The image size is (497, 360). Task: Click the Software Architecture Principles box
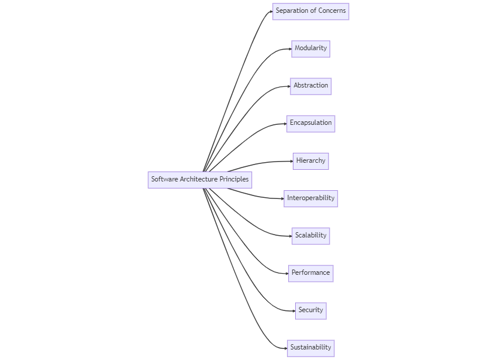click(x=199, y=180)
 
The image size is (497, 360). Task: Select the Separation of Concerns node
click(x=310, y=11)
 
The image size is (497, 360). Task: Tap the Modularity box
click(x=310, y=48)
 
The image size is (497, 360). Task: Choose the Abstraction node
click(x=310, y=86)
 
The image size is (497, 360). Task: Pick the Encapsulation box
click(x=310, y=123)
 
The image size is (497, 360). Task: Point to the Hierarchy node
click(x=310, y=161)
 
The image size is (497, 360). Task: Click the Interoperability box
click(x=310, y=198)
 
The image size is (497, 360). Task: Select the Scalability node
click(x=310, y=236)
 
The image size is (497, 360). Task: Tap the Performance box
click(x=310, y=273)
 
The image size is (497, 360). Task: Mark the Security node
click(x=310, y=310)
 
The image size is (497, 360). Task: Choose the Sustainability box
click(x=310, y=348)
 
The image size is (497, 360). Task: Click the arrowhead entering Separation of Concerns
click(x=271, y=11)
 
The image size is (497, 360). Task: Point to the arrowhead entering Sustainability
click(x=285, y=348)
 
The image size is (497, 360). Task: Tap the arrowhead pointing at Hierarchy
click(x=291, y=161)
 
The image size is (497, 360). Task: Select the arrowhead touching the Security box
click(x=293, y=310)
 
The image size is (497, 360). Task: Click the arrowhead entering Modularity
click(x=290, y=49)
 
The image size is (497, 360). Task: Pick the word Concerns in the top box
click(x=332, y=11)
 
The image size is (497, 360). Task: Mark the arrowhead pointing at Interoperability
click(x=282, y=198)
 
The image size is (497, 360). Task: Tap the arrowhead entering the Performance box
click(x=286, y=273)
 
